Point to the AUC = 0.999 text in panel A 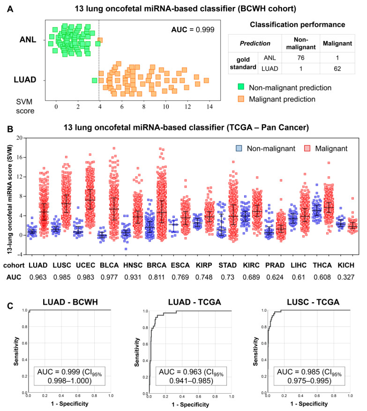point(193,30)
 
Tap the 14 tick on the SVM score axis point(210,107)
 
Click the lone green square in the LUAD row point(95,80)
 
